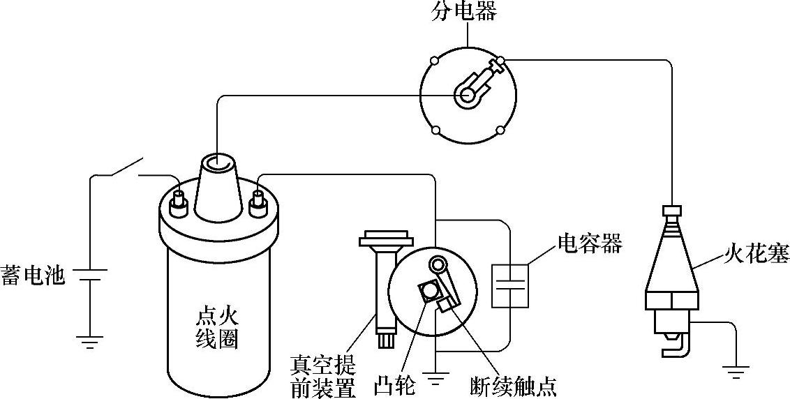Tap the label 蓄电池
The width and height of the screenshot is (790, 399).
coord(33,275)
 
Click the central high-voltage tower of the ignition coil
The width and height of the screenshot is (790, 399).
coord(218,185)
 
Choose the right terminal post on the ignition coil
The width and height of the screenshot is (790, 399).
coord(258,200)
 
